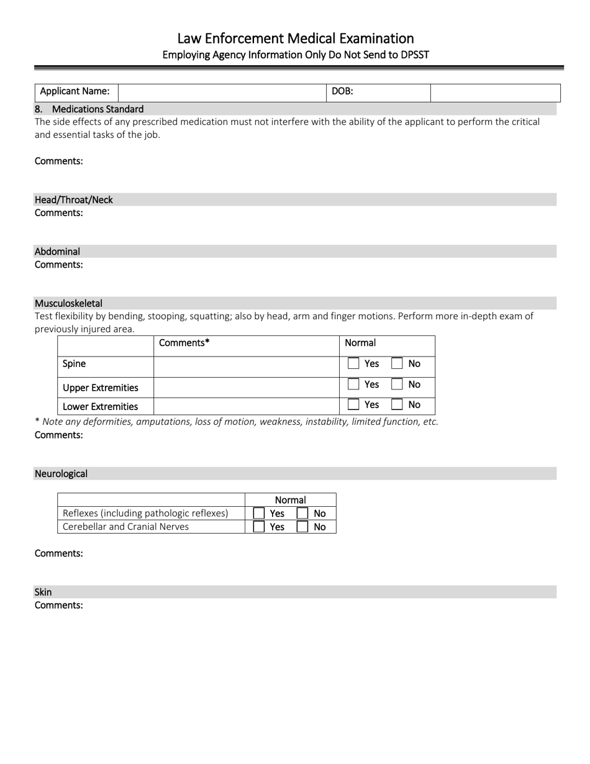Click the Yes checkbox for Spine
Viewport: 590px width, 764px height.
click(x=353, y=363)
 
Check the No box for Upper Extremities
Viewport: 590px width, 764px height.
click(x=397, y=384)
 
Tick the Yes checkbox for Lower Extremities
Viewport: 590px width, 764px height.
click(x=353, y=404)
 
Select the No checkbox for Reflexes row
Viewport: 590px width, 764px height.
click(x=302, y=513)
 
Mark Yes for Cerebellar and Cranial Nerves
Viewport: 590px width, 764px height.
click(x=259, y=527)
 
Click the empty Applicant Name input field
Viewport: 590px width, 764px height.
click(x=222, y=92)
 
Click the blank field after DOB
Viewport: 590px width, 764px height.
click(x=495, y=92)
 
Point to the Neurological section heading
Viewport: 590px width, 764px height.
click(x=61, y=473)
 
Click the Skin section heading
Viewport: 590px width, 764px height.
click(x=43, y=592)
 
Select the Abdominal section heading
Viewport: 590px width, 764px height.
click(x=57, y=252)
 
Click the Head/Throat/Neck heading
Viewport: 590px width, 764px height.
click(x=74, y=200)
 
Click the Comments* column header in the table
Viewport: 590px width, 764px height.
click(x=184, y=343)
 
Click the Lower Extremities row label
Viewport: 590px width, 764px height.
click(x=100, y=407)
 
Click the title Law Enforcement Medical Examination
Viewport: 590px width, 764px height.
click(x=295, y=39)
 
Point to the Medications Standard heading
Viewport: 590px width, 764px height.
click(x=98, y=109)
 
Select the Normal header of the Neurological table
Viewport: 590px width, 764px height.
click(x=290, y=500)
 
